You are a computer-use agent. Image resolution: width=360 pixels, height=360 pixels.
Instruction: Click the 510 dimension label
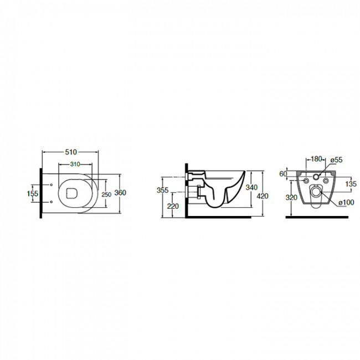pos(71,152)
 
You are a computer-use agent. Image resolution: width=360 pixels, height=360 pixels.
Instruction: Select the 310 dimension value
pos(75,164)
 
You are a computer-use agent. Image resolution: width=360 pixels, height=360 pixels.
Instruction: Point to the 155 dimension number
pos(32,193)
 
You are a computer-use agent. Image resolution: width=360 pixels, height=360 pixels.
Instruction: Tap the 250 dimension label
pos(106,194)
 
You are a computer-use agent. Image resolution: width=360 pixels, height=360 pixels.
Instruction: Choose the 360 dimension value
pos(120,193)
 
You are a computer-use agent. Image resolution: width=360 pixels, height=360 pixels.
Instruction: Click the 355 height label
pos(162,190)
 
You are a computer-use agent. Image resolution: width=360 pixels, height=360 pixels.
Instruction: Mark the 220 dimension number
pos(173,207)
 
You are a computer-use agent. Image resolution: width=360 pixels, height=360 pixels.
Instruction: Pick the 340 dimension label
pos(251,187)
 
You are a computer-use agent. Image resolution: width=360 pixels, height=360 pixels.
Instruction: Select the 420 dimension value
pos(263,196)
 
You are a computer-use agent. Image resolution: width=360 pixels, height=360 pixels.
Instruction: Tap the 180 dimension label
pos(316,158)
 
